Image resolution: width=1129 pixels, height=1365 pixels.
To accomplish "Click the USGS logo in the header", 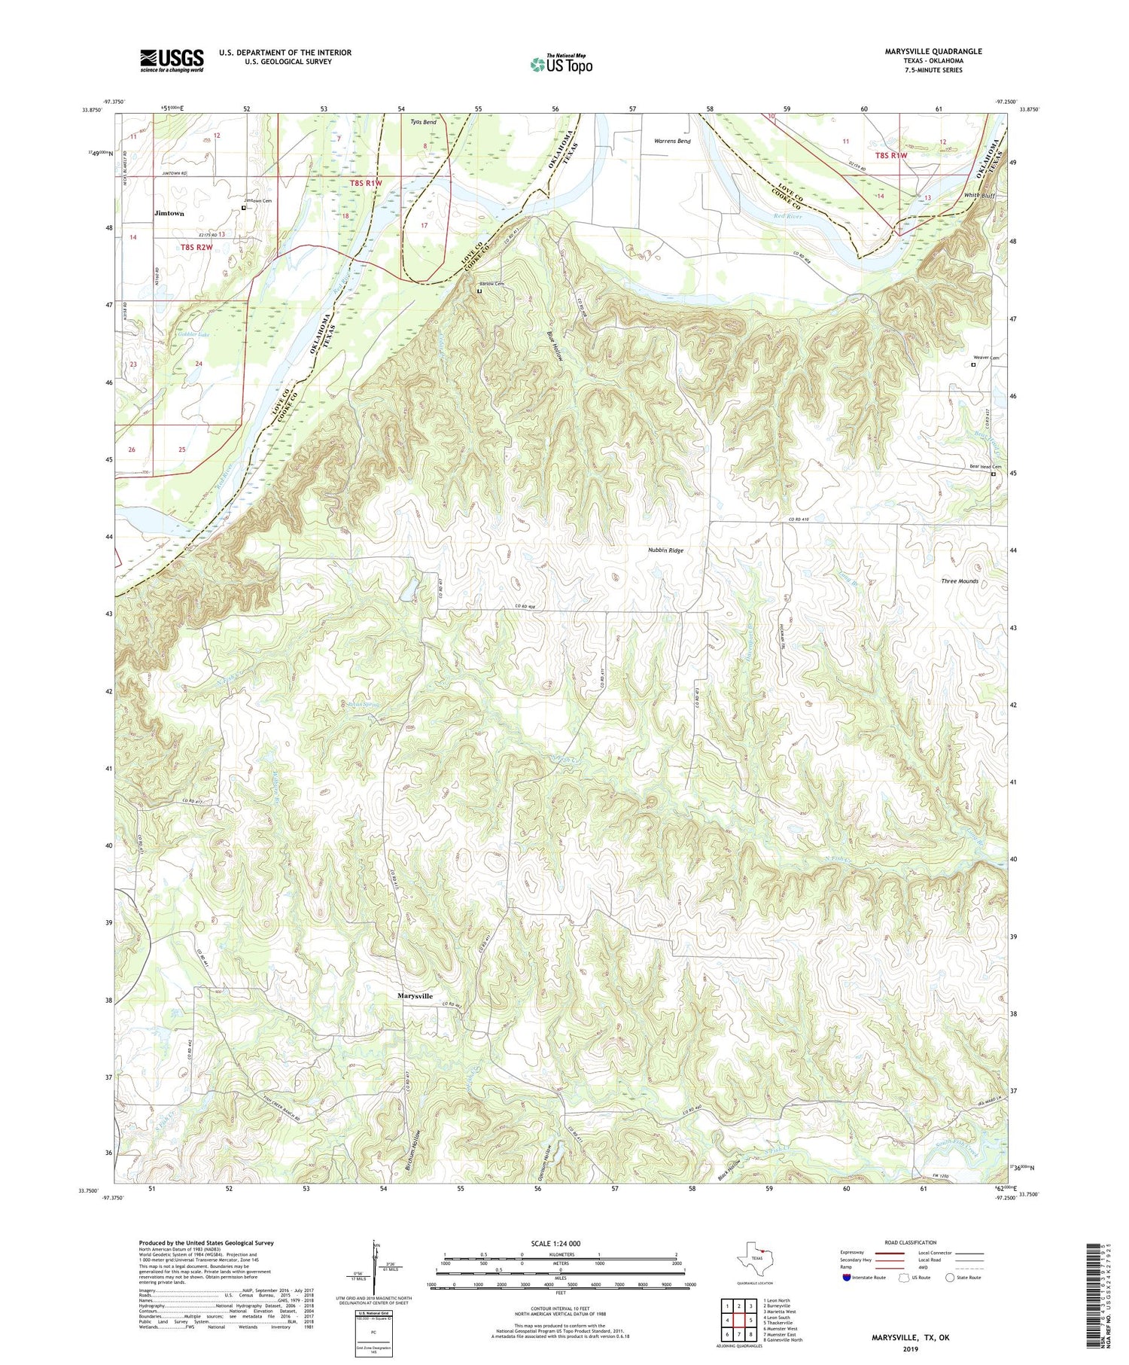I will [x=172, y=60].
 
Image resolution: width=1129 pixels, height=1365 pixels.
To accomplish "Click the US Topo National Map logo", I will [x=561, y=64].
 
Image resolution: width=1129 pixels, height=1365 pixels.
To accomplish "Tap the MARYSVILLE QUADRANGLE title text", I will [x=923, y=51].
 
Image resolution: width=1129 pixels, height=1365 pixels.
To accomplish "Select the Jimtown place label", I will [x=169, y=213].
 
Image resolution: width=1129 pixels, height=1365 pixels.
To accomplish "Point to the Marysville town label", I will [x=415, y=995].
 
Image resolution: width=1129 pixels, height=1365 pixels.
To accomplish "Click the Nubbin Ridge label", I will [x=665, y=550].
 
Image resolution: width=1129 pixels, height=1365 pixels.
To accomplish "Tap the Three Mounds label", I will [x=959, y=581].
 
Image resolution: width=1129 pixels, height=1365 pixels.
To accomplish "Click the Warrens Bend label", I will [x=672, y=141].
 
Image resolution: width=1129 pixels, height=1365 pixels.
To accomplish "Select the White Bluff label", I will [x=979, y=195].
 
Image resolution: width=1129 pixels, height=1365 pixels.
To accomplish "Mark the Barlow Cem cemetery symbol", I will [x=479, y=291].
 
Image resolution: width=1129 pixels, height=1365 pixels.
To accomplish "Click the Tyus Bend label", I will [x=423, y=122].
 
